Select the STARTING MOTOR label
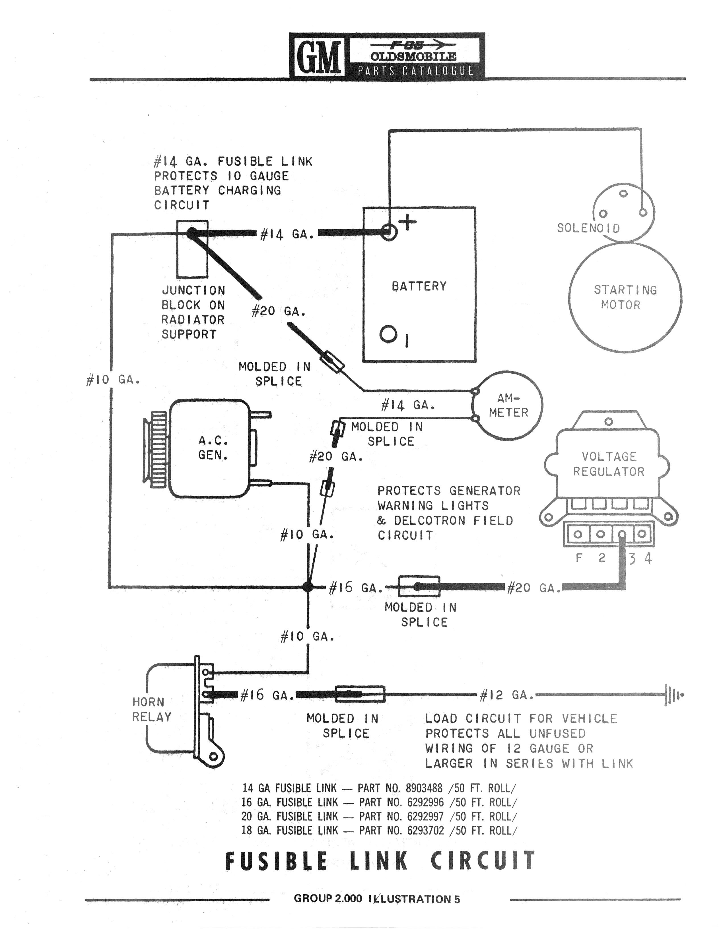tap(625, 297)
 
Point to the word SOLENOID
tap(588, 228)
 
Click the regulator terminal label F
tap(579, 558)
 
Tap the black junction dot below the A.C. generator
tap(308, 586)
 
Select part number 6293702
tap(425, 830)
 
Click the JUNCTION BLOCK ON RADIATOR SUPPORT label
tap(193, 312)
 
